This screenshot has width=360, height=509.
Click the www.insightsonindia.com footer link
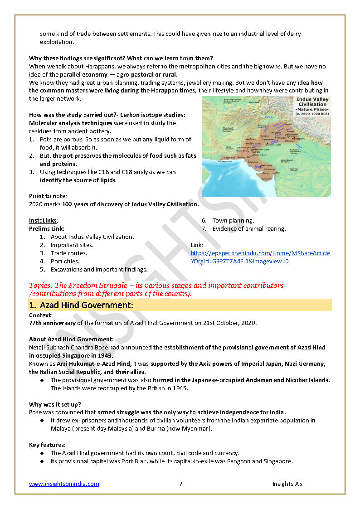(64, 484)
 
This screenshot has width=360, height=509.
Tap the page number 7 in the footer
(180, 484)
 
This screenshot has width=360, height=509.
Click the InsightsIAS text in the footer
(287, 484)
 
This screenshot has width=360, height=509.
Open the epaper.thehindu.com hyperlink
(260, 257)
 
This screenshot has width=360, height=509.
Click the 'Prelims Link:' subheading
(47, 229)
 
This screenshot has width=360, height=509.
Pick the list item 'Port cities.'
(65, 262)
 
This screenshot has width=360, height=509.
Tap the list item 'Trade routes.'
(69, 253)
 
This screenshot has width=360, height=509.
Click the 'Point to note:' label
(48, 196)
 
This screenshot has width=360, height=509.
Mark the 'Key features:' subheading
(47, 445)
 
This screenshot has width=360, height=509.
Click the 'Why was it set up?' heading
(55, 404)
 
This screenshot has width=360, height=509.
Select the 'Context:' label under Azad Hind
(41, 315)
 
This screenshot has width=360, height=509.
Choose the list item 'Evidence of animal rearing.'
(249, 229)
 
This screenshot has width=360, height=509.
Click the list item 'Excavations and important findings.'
(99, 270)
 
